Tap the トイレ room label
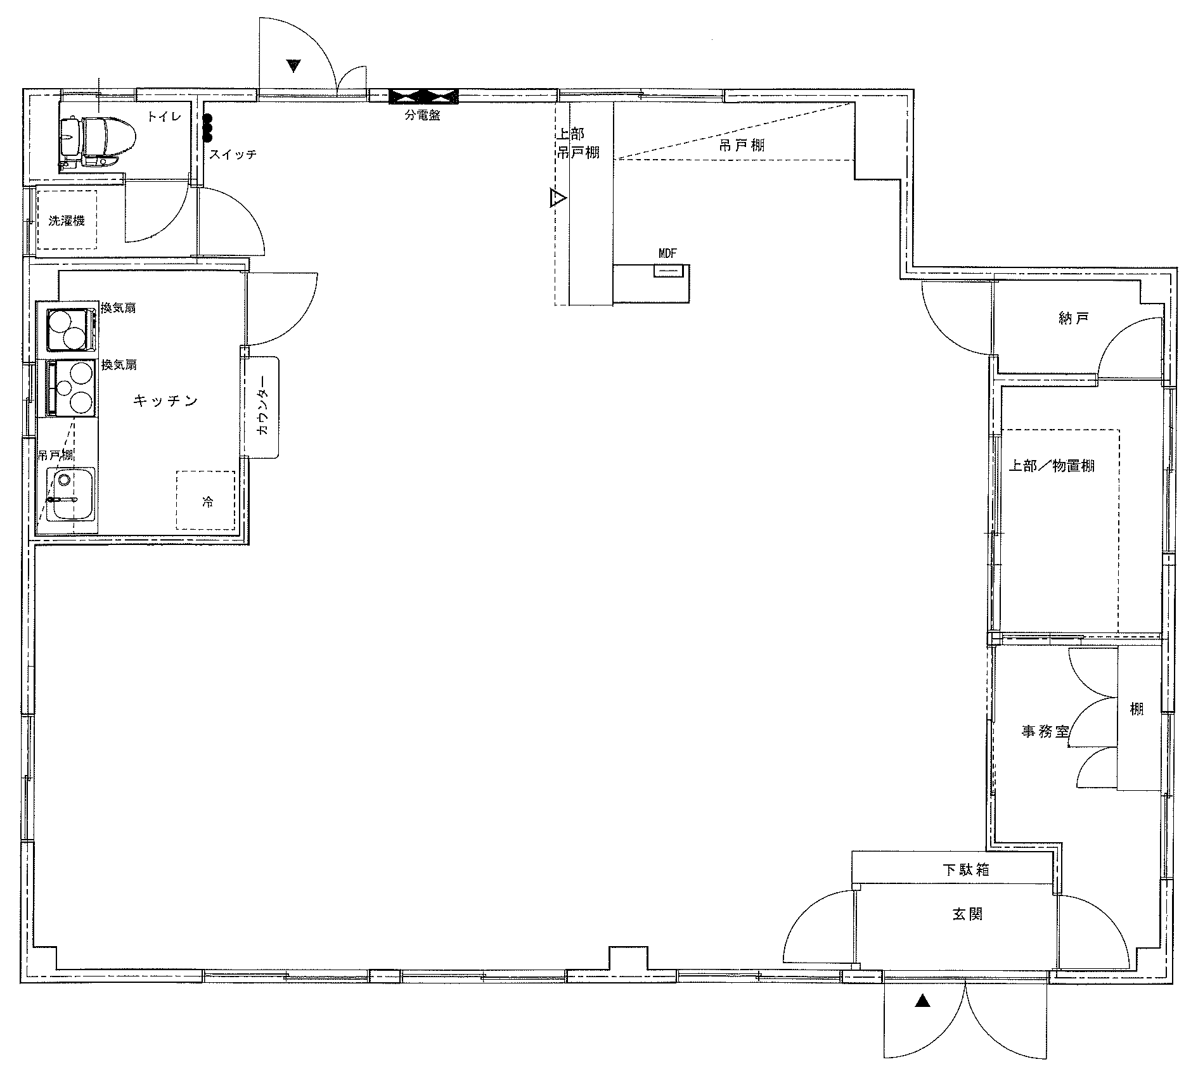164,116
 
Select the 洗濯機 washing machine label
67,221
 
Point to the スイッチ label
233,154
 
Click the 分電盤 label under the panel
423,115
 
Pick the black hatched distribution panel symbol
423,97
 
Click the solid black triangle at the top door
293,65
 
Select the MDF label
667,253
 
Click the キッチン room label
166,400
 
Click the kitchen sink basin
74,495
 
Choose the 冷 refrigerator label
207,502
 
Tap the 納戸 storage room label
1074,318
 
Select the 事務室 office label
1045,731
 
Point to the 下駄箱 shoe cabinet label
965,870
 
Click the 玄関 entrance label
968,914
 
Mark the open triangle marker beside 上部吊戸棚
558,198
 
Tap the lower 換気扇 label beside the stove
119,365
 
